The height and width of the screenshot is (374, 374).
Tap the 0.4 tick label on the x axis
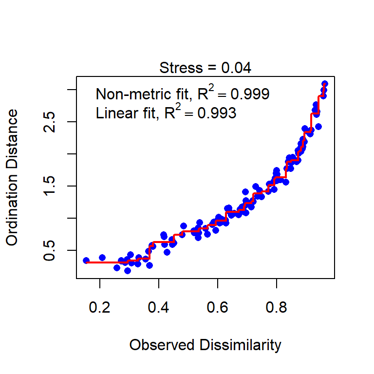tap(158, 308)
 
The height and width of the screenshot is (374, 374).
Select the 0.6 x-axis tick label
tap(217, 308)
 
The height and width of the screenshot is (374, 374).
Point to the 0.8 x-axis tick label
tap(276, 308)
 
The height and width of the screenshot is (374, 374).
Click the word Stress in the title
tap(181, 68)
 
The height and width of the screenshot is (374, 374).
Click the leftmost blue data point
tap(86, 261)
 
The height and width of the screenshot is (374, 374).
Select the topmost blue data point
tap(325, 84)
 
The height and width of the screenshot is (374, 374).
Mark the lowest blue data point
tap(128, 270)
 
